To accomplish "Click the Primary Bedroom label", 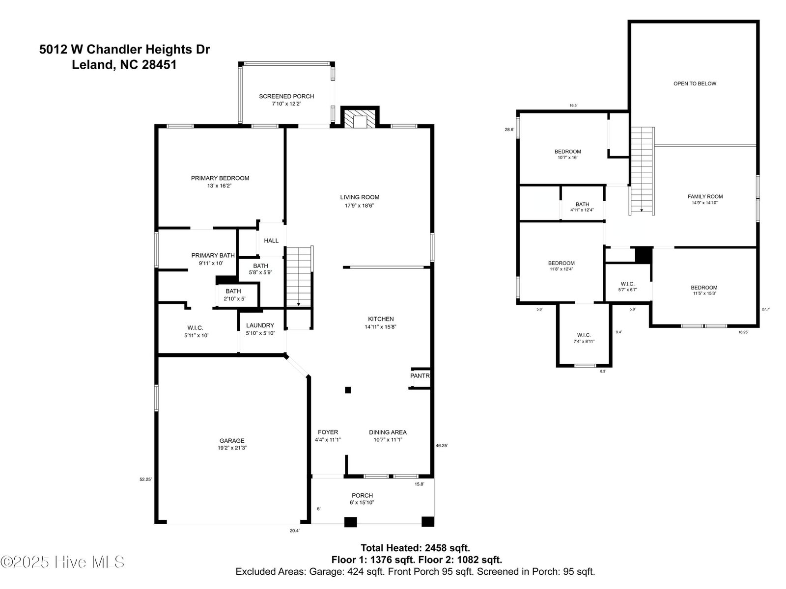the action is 220,178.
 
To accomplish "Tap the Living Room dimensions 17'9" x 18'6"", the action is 360,206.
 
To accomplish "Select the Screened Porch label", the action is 286,96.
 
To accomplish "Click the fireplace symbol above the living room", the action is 360,117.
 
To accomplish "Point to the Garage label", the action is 232,441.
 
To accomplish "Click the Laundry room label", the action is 260,325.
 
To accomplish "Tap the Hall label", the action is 271,241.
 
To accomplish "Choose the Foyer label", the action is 328,432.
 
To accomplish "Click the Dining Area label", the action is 388,432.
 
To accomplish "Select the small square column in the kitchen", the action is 348,390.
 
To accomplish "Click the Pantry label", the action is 420,375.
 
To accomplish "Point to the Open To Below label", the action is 695,83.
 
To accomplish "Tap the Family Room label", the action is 705,196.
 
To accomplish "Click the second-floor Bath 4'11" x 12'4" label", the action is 582,207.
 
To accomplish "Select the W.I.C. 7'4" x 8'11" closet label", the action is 584,338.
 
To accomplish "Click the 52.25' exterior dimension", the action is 146,480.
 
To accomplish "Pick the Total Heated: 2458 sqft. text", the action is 416,548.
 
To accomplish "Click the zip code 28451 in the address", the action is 159,65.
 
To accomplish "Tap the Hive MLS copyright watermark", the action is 62,562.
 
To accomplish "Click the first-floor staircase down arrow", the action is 298,304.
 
